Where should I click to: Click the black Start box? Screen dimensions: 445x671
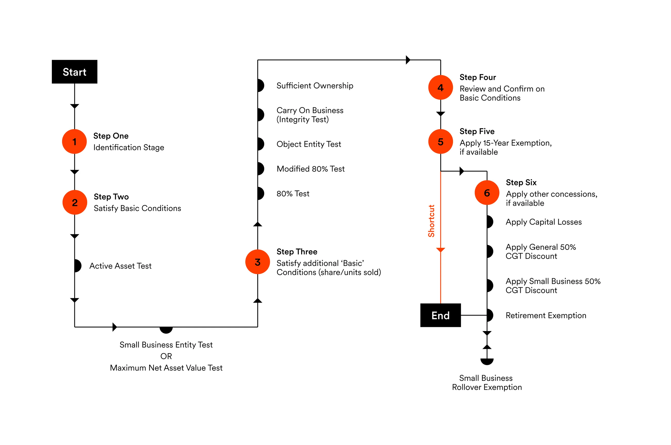(x=75, y=72)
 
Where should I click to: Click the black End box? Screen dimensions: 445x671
(x=440, y=315)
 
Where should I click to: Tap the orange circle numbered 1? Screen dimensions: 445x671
(x=74, y=142)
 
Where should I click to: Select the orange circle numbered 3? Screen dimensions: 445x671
(x=257, y=262)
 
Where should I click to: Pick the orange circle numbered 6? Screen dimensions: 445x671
(x=487, y=193)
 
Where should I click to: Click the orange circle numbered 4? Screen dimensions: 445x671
(x=440, y=88)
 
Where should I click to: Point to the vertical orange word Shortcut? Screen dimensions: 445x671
(x=431, y=221)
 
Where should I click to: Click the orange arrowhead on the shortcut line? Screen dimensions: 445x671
(x=440, y=250)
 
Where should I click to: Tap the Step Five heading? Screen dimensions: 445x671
(x=477, y=131)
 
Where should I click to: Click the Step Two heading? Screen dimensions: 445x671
(x=111, y=197)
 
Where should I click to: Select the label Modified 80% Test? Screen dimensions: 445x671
(x=310, y=169)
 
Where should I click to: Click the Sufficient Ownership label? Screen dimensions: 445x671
(x=315, y=86)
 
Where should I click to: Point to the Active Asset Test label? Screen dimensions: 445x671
(x=121, y=266)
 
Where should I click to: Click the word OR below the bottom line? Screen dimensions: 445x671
(x=166, y=356)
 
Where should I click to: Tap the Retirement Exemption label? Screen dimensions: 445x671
(x=546, y=316)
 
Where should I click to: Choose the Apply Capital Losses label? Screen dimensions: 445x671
(x=544, y=222)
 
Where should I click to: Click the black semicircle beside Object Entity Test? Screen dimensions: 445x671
(x=261, y=144)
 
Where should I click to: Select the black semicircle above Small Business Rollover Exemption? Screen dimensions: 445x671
(x=487, y=361)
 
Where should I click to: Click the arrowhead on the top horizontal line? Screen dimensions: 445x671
(x=408, y=60)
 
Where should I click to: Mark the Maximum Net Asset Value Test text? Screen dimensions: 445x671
(x=166, y=368)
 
